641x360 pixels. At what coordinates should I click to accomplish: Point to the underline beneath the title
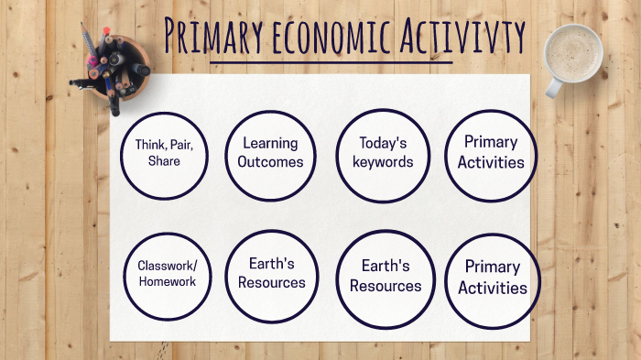click(x=331, y=63)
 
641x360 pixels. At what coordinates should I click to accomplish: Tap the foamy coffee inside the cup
click(x=573, y=49)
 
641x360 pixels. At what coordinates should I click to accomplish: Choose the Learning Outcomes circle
click(x=270, y=154)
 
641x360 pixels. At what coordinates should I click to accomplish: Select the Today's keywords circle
click(x=383, y=154)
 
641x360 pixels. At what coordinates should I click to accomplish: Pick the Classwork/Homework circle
click(x=168, y=275)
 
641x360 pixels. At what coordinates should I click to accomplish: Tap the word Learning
click(x=270, y=144)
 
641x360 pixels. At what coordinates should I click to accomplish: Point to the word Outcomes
click(x=270, y=163)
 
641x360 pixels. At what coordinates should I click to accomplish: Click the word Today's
click(x=383, y=144)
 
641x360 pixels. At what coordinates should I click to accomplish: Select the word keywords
click(x=383, y=163)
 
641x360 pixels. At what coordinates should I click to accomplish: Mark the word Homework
click(x=168, y=282)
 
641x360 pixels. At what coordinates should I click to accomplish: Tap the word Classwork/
click(x=168, y=267)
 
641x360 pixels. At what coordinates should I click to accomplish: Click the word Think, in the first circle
click(x=150, y=145)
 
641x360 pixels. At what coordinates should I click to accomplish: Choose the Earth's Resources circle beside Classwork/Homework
click(x=271, y=274)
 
